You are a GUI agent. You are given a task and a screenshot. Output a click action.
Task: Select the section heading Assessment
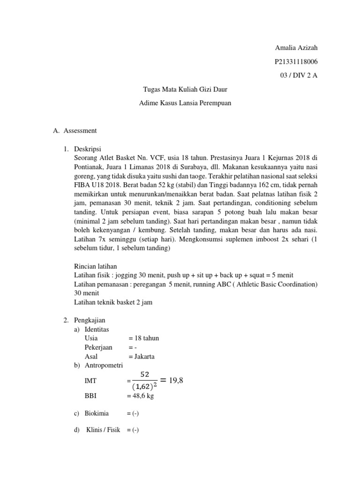click(82, 130)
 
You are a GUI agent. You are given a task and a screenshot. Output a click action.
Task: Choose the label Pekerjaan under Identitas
click(98, 347)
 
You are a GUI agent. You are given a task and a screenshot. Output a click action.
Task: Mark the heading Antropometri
click(104, 365)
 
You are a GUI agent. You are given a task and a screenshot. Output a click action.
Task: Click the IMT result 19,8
click(173, 381)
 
